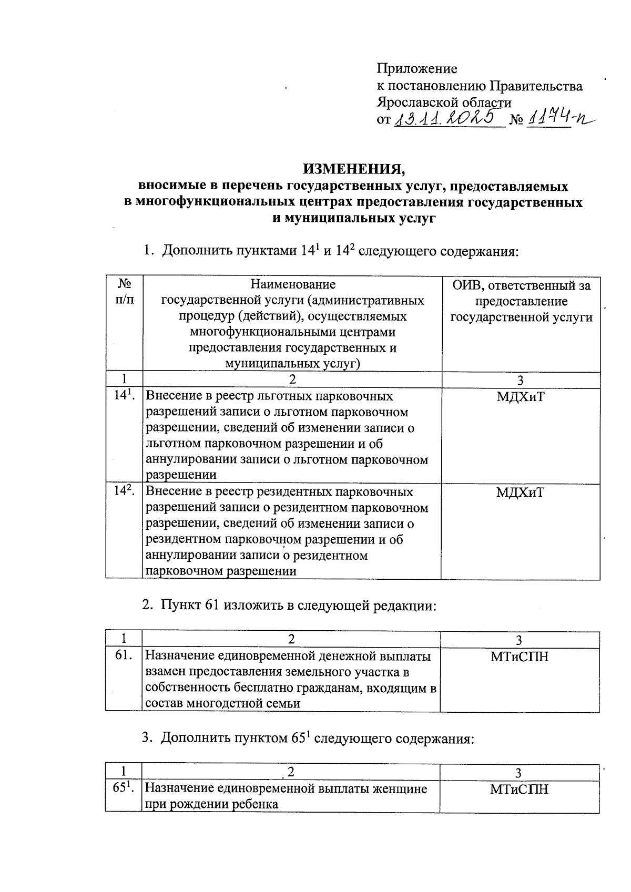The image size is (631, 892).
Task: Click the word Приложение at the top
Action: click(x=416, y=69)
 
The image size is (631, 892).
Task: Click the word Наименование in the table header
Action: click(x=292, y=285)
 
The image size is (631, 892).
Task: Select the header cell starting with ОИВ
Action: click(x=521, y=301)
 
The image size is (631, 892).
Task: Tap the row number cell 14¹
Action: click(x=124, y=396)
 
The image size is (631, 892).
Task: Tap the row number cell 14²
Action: click(x=124, y=492)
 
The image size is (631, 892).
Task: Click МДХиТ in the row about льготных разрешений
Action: click(x=520, y=397)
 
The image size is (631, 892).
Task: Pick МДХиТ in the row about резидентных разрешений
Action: click(x=520, y=493)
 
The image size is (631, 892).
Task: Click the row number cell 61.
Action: click(x=124, y=656)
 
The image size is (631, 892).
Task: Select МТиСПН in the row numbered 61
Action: click(x=519, y=657)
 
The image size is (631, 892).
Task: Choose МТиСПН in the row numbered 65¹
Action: click(x=519, y=789)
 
